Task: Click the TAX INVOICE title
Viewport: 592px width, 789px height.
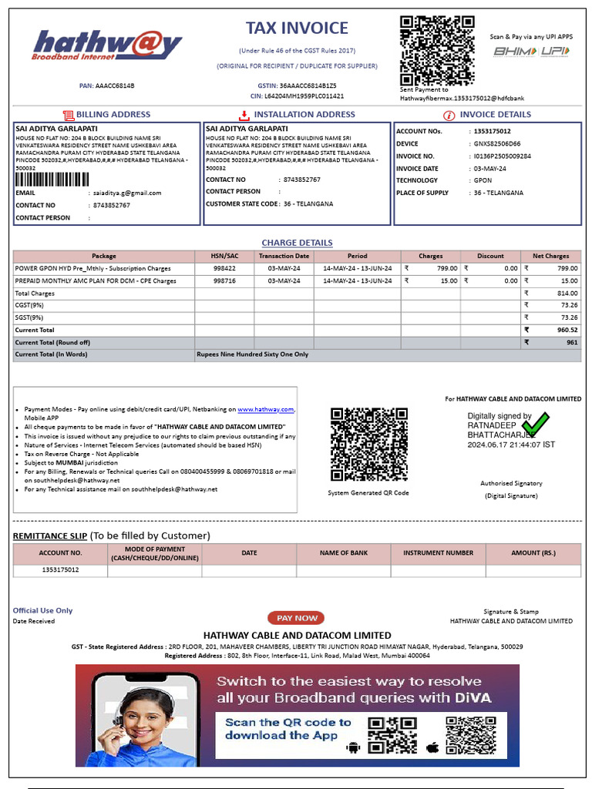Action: click(297, 29)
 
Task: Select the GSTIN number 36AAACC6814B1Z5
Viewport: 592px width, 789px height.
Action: click(308, 86)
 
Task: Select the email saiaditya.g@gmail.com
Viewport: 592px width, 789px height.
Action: click(127, 193)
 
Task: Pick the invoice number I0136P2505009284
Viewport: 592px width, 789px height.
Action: click(502, 156)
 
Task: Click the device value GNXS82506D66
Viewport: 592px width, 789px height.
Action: click(496, 143)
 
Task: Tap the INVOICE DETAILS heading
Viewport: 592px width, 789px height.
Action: click(495, 114)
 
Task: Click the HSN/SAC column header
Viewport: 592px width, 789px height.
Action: click(224, 256)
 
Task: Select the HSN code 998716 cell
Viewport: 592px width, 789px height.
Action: click(224, 281)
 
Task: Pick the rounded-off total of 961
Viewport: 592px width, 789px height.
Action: click(572, 342)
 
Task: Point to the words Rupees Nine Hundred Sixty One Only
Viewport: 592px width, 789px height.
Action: click(253, 354)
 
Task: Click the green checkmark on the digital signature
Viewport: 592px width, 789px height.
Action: click(540, 422)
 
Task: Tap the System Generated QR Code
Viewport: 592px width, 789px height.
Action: click(368, 445)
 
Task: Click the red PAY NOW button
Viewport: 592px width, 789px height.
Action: click(296, 618)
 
